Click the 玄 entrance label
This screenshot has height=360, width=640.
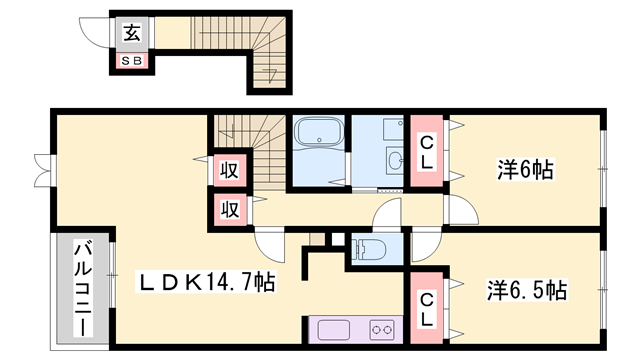click(x=132, y=32)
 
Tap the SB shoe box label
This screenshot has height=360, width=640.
click(x=132, y=61)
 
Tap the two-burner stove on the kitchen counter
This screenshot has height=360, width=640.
click(x=382, y=328)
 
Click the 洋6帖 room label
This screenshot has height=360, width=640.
click(x=524, y=169)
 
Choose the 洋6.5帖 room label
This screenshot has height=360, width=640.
click(x=526, y=291)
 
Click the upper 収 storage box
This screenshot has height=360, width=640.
click(x=228, y=169)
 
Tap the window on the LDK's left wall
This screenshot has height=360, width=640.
click(x=40, y=170)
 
